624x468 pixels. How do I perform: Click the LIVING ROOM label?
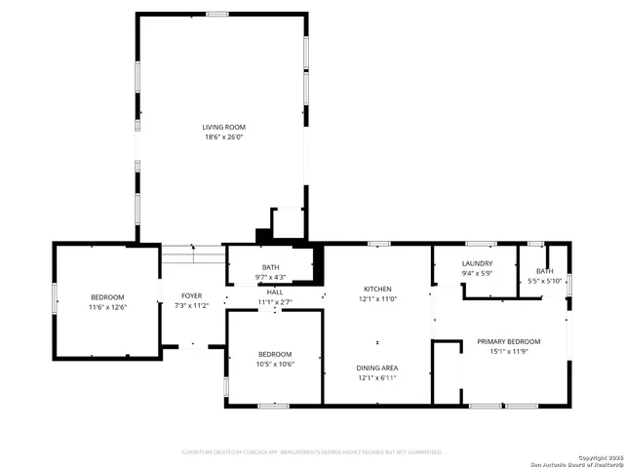(223, 128)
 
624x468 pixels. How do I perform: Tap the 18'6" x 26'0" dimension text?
(223, 137)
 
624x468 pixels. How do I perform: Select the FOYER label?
(191, 295)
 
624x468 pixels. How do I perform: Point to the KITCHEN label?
(377, 289)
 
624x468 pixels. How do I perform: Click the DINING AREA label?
(377, 368)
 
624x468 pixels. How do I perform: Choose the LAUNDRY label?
(477, 263)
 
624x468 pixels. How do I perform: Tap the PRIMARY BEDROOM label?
(508, 341)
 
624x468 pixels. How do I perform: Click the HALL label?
(275, 292)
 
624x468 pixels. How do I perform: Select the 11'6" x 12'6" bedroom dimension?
(108, 307)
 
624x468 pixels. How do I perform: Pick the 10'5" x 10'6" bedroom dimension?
(275, 364)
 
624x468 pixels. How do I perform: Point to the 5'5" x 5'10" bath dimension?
(544, 281)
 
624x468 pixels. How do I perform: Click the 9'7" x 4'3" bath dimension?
(270, 277)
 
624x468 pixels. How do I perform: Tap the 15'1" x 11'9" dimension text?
(508, 351)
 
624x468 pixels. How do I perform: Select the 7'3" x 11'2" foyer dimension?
(191, 305)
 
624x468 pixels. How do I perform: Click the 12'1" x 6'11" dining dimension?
(377, 377)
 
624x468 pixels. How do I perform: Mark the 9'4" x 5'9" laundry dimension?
(477, 273)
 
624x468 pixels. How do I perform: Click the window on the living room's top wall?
(217, 14)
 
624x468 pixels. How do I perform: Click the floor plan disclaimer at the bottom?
(312, 451)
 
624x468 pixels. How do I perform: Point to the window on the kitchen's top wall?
(379, 243)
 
